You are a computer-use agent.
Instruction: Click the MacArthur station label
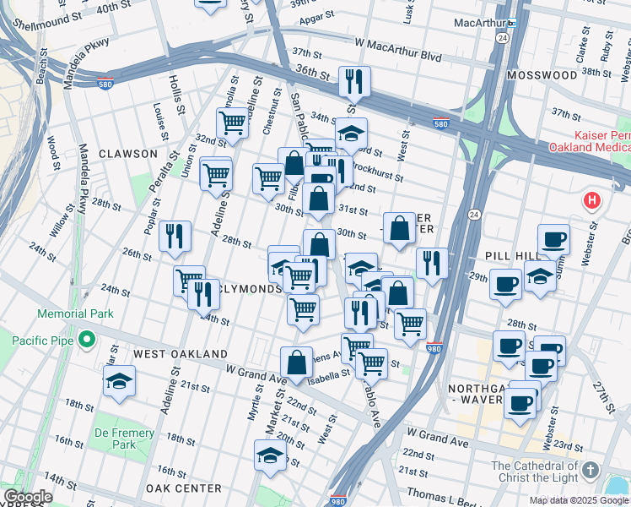[x=479, y=22]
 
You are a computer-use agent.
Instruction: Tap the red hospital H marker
[x=592, y=201]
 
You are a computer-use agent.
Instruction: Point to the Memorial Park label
[x=74, y=313]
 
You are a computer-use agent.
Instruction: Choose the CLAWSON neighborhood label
[x=127, y=154]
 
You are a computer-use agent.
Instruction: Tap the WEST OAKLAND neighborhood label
[x=181, y=354]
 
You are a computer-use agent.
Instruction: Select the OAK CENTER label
[x=183, y=488]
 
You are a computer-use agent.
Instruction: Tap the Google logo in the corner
[x=27, y=497]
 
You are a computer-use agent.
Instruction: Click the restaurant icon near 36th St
[x=353, y=81]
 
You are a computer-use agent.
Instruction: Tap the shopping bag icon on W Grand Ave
[x=297, y=362]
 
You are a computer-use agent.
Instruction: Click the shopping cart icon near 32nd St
[x=232, y=123]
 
